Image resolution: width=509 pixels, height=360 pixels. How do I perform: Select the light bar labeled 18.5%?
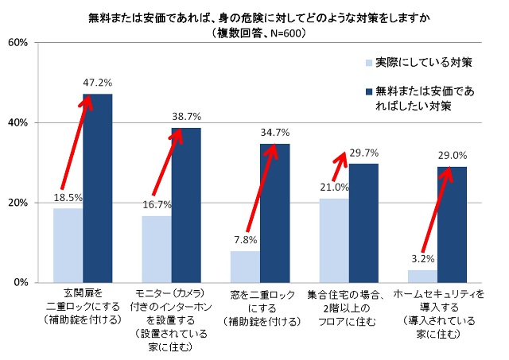click(68, 245)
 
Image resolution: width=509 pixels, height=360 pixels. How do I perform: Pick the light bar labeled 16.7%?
click(157, 249)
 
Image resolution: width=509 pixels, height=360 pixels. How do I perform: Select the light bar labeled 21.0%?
click(334, 240)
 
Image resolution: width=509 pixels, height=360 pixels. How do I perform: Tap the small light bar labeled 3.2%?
click(422, 276)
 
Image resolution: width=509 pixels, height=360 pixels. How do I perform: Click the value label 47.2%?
click(98, 82)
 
